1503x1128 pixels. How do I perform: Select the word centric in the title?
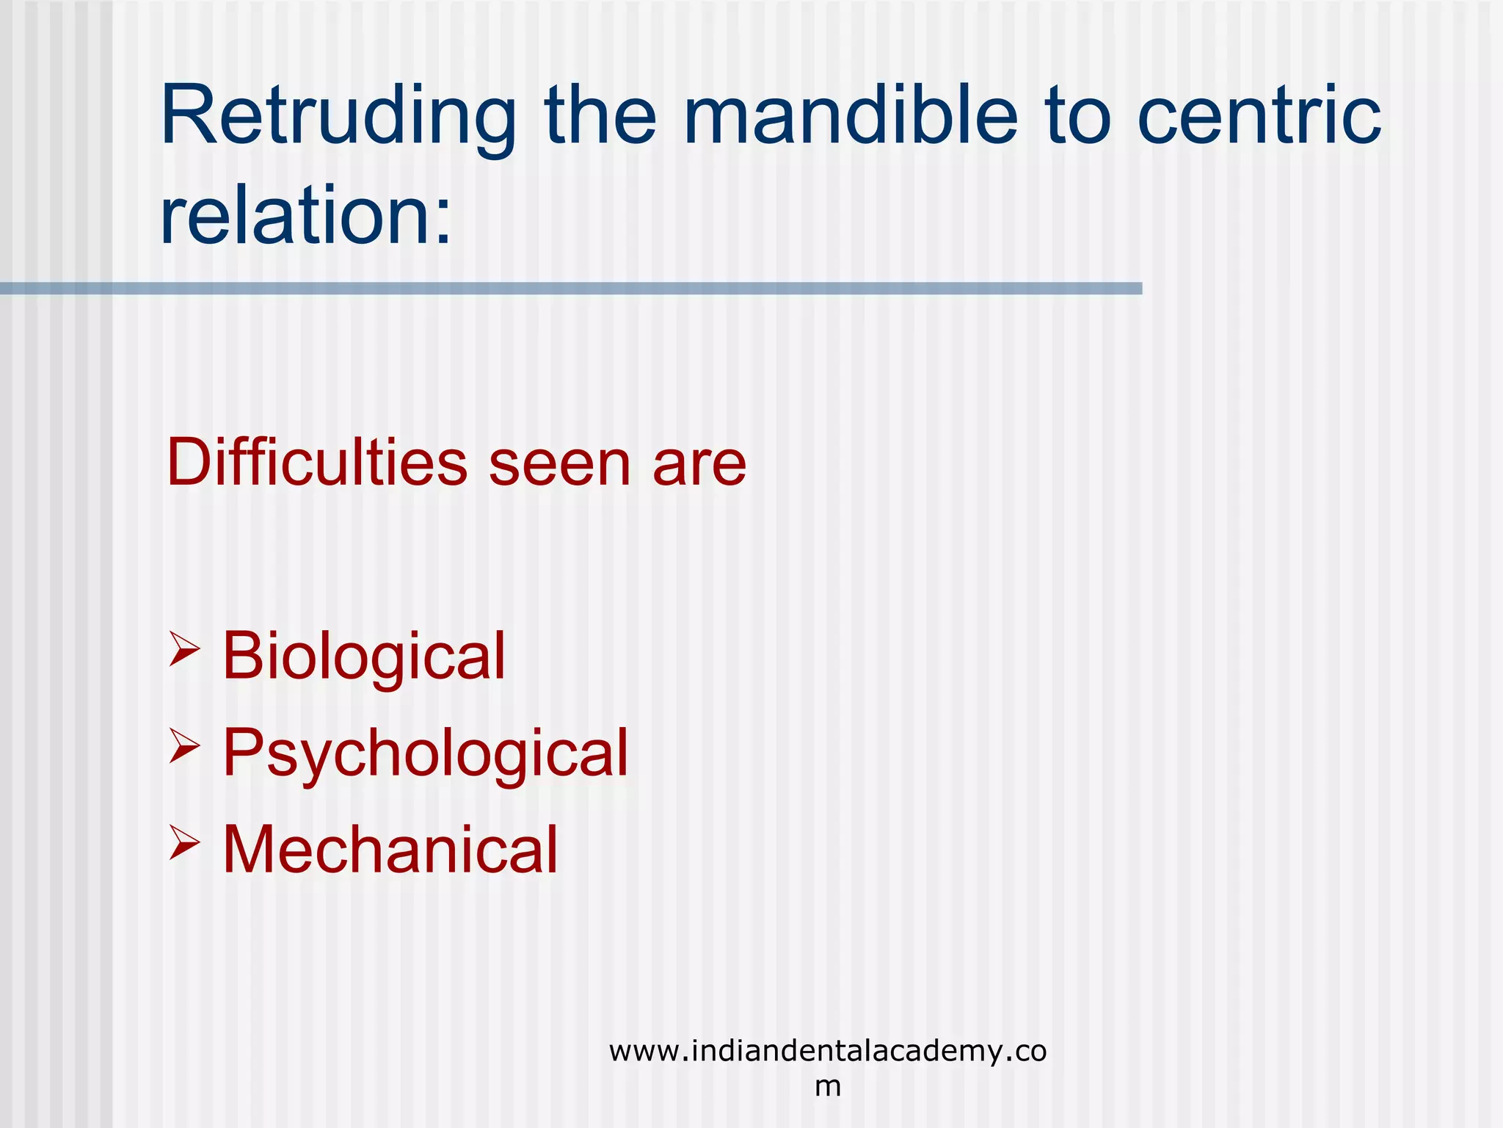[1259, 116]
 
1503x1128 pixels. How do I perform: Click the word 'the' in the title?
[600, 116]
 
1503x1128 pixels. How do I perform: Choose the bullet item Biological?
[364, 655]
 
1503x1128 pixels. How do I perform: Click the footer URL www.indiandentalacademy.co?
[827, 1052]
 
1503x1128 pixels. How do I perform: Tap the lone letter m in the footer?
[828, 1086]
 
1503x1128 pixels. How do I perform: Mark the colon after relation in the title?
[442, 220]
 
